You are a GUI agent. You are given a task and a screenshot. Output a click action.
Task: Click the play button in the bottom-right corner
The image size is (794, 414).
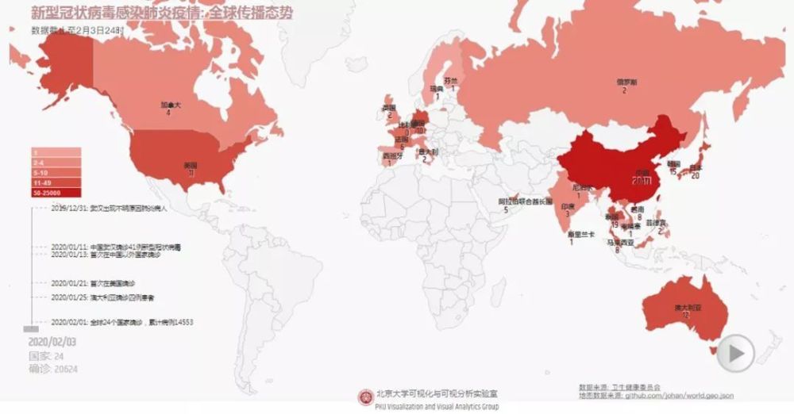tap(735, 352)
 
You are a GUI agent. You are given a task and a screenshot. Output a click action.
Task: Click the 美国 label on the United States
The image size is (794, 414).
tap(191, 165)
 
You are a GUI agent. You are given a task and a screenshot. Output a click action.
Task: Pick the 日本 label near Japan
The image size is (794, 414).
tap(696, 167)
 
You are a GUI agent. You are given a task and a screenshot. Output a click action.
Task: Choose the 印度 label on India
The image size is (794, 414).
tap(569, 205)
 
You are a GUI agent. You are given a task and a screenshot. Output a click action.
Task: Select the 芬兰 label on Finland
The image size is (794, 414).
tap(451, 80)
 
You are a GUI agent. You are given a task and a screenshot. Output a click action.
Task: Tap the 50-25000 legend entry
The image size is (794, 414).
tap(56, 192)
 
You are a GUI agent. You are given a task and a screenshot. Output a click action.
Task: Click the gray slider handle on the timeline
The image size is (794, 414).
tap(31, 328)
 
